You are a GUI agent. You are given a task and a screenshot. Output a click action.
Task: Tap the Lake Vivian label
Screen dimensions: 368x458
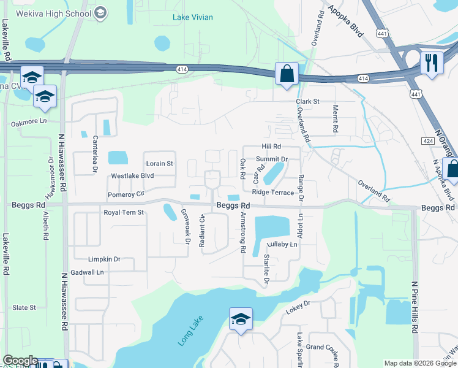[x=193, y=17]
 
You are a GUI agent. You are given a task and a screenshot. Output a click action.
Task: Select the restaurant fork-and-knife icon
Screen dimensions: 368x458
[x=432, y=63]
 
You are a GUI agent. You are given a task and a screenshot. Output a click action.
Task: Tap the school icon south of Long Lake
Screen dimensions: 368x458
[x=241, y=319]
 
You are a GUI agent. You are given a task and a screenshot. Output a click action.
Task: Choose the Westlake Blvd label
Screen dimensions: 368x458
[x=132, y=176]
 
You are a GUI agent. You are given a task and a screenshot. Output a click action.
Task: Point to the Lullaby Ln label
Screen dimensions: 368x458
[x=282, y=244]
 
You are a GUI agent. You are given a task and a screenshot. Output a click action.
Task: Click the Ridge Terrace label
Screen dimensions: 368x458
[x=273, y=193]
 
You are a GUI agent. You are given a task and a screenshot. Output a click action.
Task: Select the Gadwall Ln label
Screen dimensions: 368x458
[x=88, y=272]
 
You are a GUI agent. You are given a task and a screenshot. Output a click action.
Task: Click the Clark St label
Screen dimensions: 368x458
[x=308, y=101]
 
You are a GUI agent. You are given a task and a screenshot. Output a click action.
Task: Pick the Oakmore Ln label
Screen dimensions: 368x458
[x=29, y=123]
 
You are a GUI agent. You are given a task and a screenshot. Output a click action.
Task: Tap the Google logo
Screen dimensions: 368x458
[x=20, y=361]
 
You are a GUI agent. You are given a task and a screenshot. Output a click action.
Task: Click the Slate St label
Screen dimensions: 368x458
[x=24, y=307]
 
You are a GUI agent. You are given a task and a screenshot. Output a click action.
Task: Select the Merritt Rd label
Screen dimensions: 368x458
[x=336, y=119]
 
